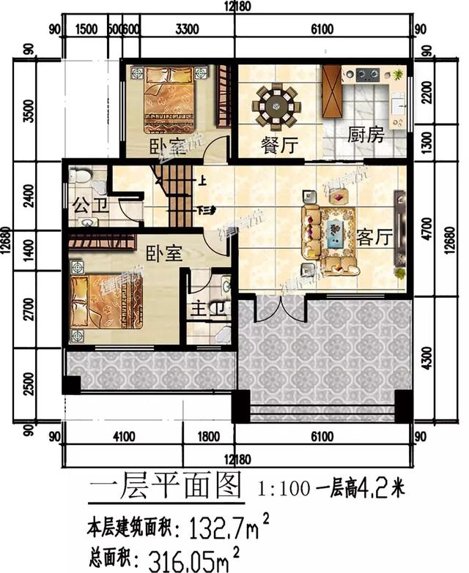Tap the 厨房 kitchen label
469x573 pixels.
tap(365, 135)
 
